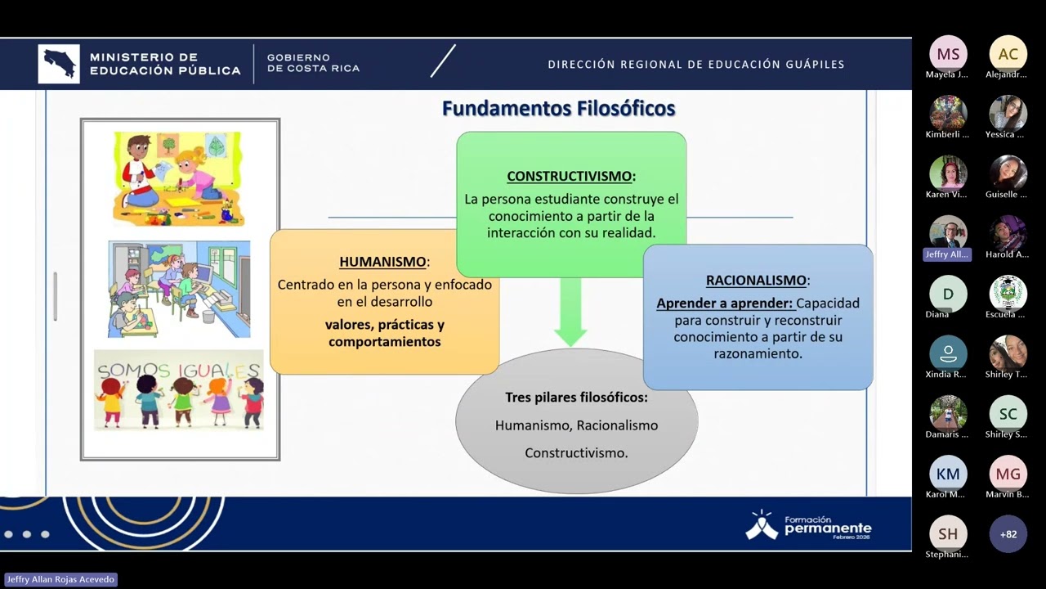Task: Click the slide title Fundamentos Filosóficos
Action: (558, 109)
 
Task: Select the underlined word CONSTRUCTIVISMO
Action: (570, 176)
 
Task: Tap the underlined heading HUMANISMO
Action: (383, 262)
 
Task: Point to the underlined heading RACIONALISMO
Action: (756, 280)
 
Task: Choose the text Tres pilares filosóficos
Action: (575, 398)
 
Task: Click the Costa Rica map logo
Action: (59, 64)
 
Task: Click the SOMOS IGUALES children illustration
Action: (179, 390)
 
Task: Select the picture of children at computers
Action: (179, 289)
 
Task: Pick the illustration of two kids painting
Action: (179, 178)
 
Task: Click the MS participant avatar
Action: (948, 54)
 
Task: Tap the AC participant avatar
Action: (1008, 54)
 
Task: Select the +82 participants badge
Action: (1008, 534)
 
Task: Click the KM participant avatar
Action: (948, 474)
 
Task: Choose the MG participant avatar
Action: (1008, 474)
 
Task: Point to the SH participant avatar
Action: (948, 534)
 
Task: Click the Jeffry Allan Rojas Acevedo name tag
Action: (60, 579)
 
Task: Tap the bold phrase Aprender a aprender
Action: (724, 303)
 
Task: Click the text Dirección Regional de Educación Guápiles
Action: (696, 65)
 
